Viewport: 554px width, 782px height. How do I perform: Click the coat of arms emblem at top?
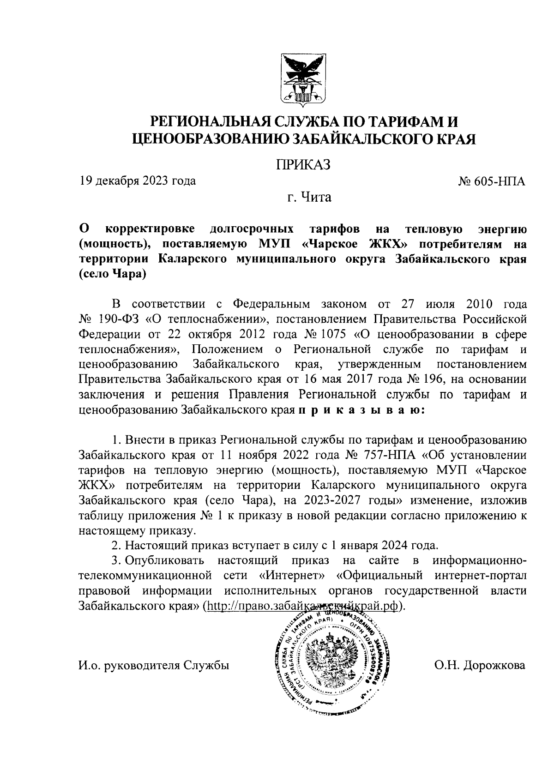tap(303, 79)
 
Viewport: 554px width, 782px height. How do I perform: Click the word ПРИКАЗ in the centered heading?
tap(303, 164)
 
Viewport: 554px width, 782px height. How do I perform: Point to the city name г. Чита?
tap(309, 198)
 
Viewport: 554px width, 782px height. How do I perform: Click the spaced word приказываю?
tap(361, 410)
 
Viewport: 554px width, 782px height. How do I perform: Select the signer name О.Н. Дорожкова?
tap(479, 665)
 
